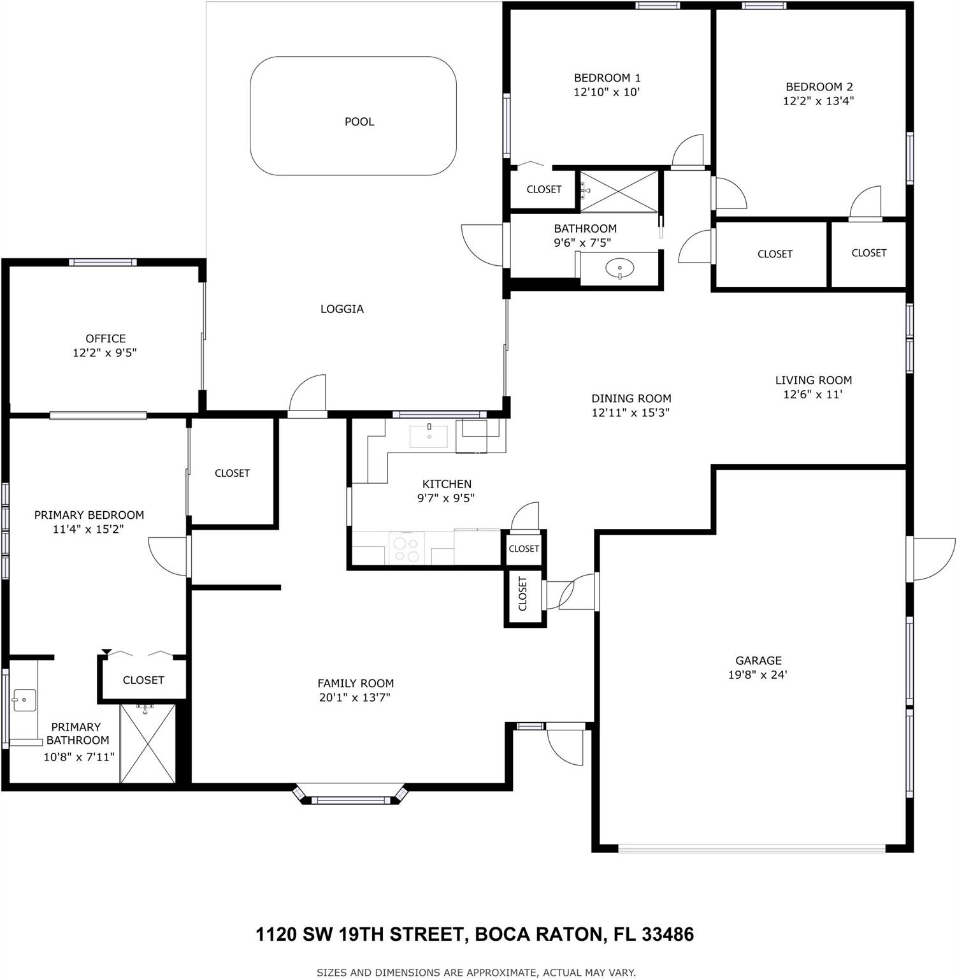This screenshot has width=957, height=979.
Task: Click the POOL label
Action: pos(359,122)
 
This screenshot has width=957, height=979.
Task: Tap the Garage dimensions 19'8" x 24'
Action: pos(758,674)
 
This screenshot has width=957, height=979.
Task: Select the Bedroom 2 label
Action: pos(819,87)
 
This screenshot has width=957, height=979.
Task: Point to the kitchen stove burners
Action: pos(406,549)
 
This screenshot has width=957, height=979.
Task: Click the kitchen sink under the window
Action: pos(428,436)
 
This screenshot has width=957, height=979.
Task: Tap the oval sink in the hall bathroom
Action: pos(619,268)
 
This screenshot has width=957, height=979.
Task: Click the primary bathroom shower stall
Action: pos(147,743)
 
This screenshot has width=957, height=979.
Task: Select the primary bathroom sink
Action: pos(24,700)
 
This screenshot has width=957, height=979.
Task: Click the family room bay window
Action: pos(349,797)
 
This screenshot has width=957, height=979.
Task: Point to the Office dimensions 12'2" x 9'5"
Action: pos(104,352)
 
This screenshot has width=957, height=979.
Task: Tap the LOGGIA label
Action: pos(342,309)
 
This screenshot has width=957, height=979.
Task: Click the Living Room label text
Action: pos(813,381)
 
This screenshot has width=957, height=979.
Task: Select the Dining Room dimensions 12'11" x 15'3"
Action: pos(630,412)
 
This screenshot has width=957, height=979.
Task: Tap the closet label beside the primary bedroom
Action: pos(232,473)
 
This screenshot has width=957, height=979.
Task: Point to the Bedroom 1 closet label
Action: pos(544,189)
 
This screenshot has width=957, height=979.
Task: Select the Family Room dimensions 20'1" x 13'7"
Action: pos(355,697)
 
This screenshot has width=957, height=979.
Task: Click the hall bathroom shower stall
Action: pos(618,190)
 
